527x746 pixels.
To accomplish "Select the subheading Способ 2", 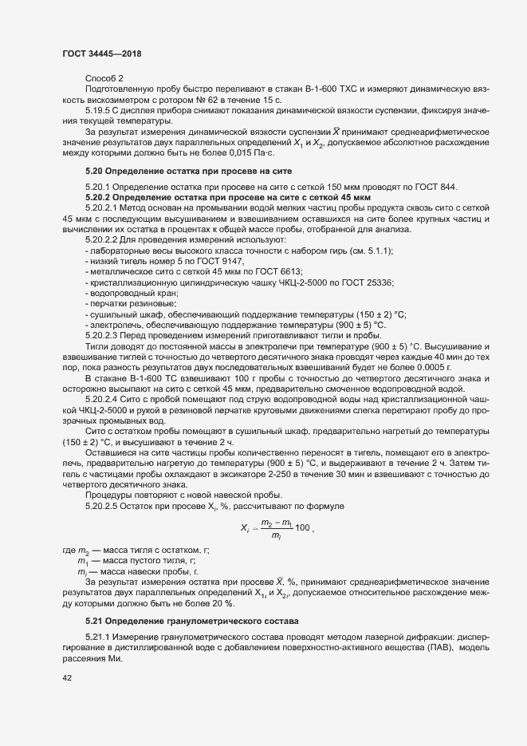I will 104,77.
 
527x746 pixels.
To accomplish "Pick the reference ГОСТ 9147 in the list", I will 220,262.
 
